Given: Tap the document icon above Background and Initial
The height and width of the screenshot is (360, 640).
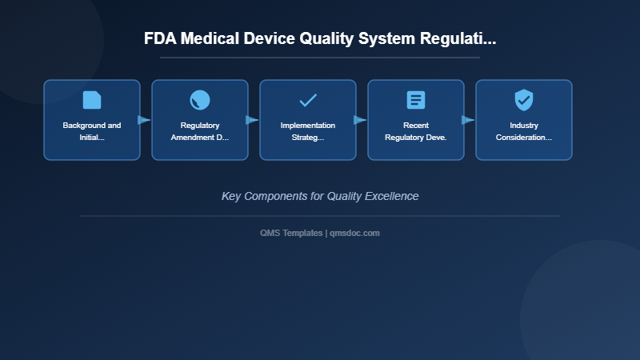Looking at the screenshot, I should coord(92,100).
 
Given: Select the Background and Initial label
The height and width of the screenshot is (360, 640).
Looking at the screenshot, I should coord(92,131).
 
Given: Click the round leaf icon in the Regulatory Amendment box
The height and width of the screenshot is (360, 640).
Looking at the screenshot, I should coord(200,100).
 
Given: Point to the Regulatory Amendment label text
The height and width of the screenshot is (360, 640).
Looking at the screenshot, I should coord(200,131).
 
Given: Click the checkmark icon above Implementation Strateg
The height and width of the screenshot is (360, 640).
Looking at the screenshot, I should coord(308,100).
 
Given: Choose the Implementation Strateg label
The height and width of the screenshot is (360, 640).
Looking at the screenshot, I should coord(308,131).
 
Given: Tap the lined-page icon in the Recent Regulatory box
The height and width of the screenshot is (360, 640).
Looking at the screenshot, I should coord(416,100).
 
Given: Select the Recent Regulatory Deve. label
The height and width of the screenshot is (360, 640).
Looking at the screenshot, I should coord(416,131).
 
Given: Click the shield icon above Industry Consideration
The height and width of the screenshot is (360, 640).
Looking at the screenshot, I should coord(524,100).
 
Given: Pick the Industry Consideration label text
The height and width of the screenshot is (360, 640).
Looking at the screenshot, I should coord(524,131).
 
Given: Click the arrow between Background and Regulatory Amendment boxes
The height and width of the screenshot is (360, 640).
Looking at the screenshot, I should coord(144,120).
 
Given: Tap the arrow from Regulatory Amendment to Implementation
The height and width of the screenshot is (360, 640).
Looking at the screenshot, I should coord(252,120).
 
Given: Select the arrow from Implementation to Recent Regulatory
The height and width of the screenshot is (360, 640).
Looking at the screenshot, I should coord(360,120).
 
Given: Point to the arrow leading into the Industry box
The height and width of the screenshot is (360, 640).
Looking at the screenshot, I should coord(468,120).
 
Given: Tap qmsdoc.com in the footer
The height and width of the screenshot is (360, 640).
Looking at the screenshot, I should coord(355,233).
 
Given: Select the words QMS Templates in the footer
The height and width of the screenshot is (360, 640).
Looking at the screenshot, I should coord(291,233).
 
